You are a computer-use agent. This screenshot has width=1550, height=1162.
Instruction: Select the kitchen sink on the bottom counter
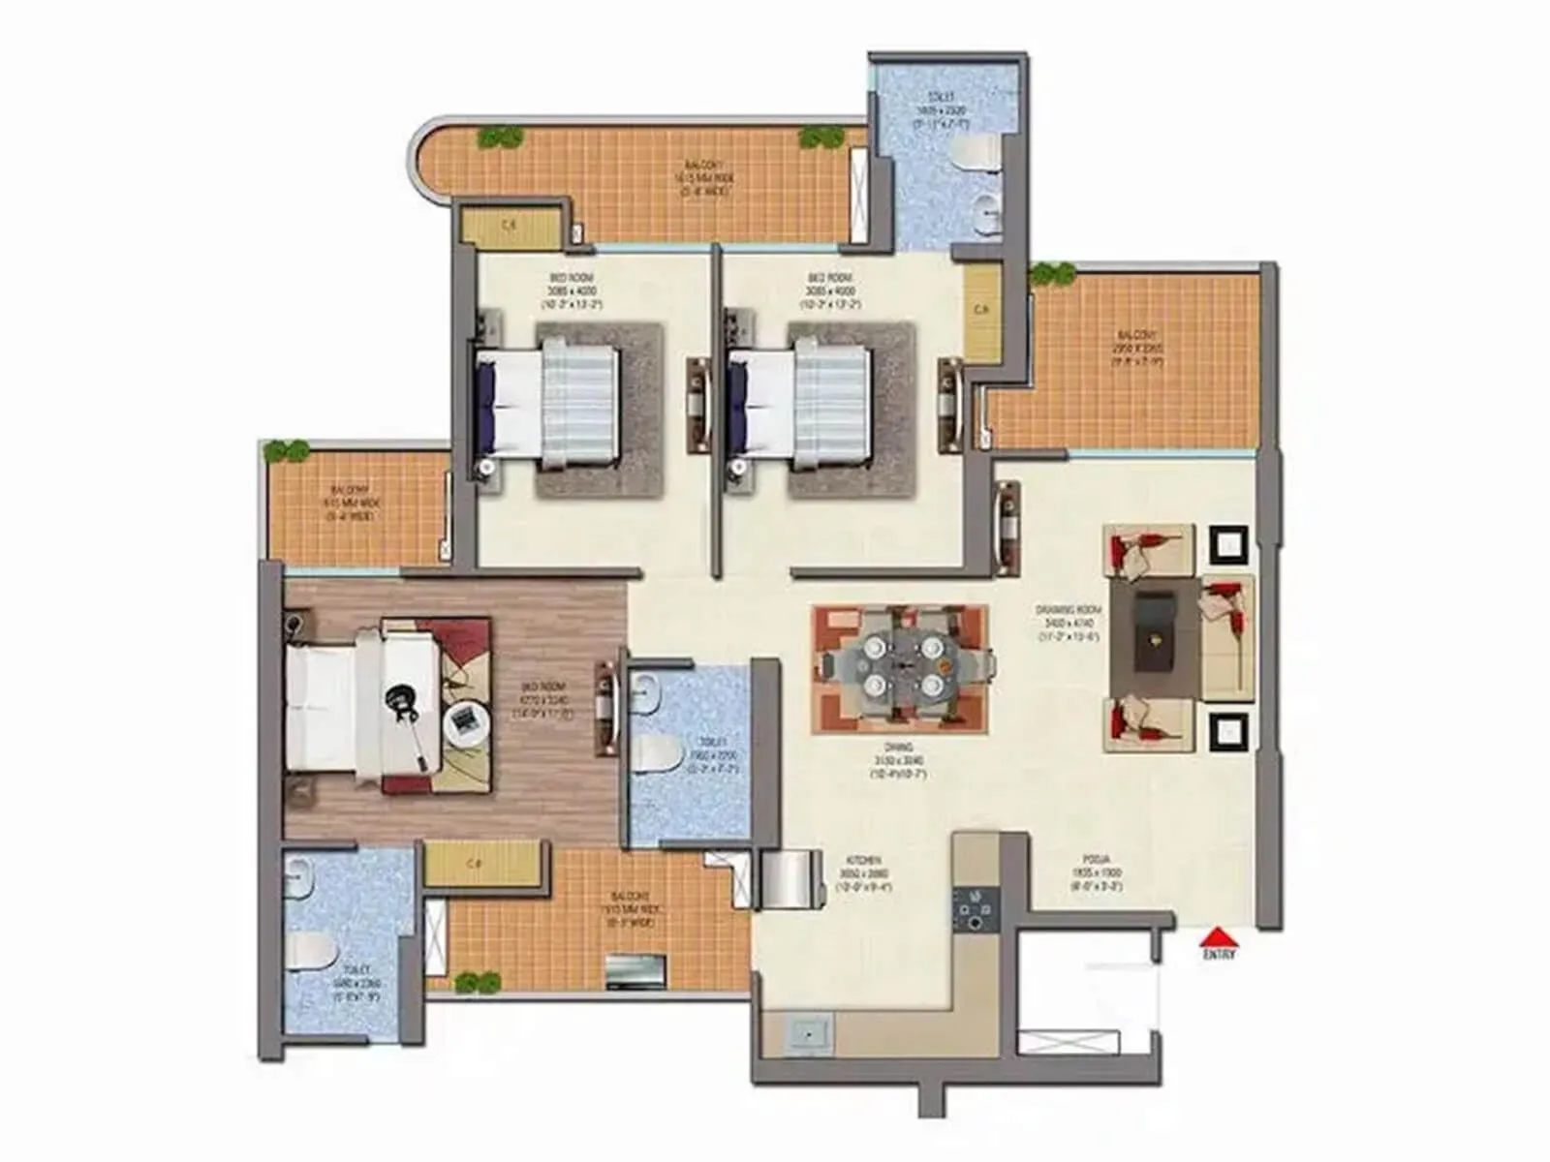pyautogui.click(x=808, y=1034)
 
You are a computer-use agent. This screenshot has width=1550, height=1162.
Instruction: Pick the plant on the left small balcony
pyautogui.click(x=288, y=450)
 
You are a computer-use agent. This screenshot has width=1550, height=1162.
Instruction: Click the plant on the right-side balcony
pyautogui.click(x=1052, y=274)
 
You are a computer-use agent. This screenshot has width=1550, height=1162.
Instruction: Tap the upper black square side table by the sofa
pyautogui.click(x=1228, y=545)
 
